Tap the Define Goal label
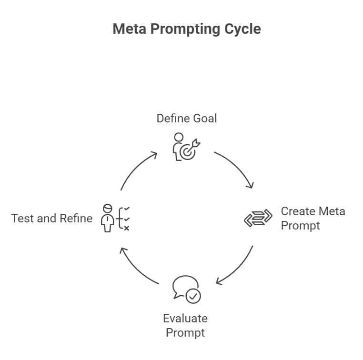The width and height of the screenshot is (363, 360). (x=187, y=118)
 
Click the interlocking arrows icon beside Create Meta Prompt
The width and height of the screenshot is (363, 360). (x=258, y=218)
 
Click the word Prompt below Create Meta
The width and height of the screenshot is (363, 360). (x=301, y=225)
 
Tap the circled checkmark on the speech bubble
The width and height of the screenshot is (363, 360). (x=193, y=296)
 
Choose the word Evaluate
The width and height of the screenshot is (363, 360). (x=185, y=318)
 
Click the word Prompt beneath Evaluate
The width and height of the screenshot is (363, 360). (x=185, y=332)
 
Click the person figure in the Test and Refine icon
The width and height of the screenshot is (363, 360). (x=108, y=219)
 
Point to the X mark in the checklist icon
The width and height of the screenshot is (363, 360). (x=126, y=228)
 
